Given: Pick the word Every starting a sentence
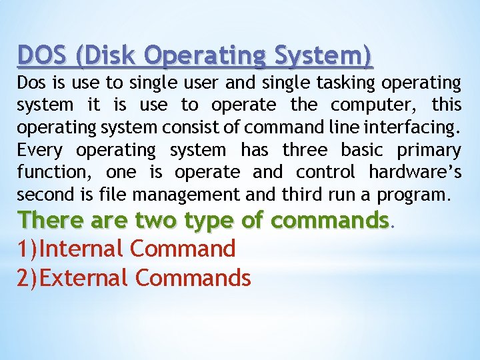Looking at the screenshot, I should point(40,150).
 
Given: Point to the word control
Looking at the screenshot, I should point(325,172).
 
